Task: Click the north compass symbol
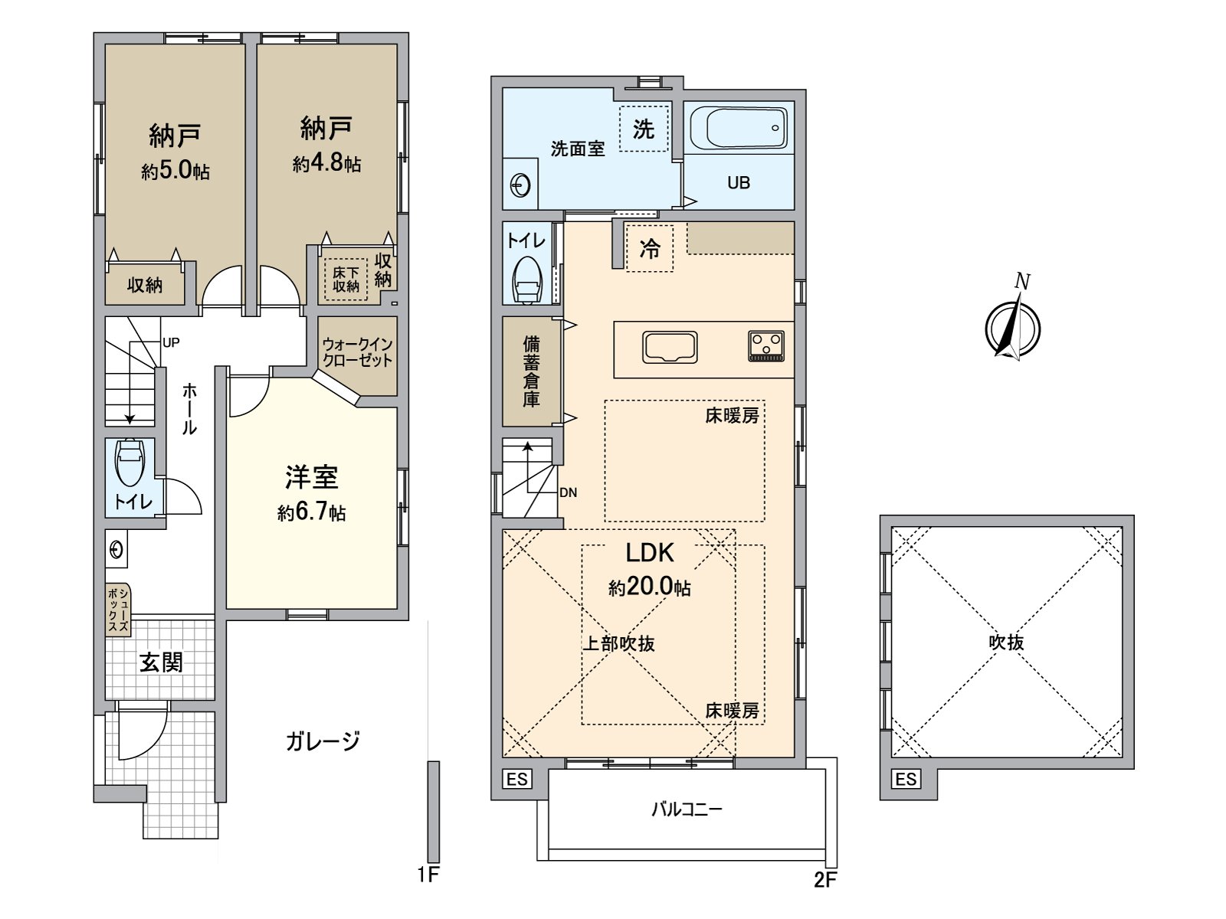point(1013,328)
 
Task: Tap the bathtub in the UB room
point(738,129)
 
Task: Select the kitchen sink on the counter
point(670,348)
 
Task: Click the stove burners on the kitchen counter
point(766,345)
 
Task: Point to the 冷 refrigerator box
point(649,248)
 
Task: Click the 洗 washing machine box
point(644,129)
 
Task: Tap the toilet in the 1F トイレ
point(129,461)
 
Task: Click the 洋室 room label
point(312,478)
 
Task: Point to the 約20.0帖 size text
point(650,587)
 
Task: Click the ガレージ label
point(323,741)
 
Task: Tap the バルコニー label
point(687,809)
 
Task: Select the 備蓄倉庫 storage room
point(532,371)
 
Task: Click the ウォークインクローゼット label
point(357,353)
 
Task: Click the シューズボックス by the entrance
point(119,610)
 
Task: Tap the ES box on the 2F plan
point(517,780)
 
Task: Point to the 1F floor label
point(428,875)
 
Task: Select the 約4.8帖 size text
point(326,164)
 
